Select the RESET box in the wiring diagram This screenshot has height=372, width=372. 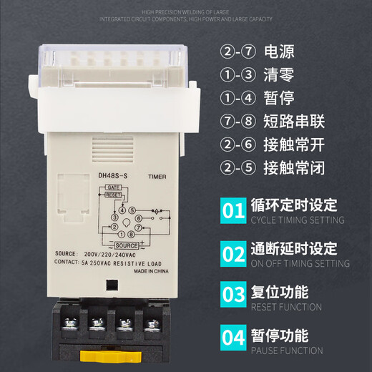(x=113, y=193)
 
